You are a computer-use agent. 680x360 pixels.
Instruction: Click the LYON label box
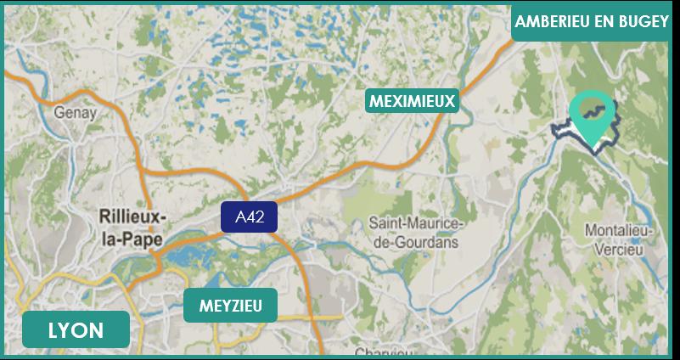(76, 330)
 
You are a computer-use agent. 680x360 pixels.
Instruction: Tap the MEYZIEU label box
(230, 305)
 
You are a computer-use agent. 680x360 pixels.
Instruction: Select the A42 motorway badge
(250, 217)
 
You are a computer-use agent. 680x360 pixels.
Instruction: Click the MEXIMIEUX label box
(413, 102)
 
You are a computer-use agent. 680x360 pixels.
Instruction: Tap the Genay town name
(76, 112)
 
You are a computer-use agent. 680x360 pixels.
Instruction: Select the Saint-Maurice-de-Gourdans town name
(415, 232)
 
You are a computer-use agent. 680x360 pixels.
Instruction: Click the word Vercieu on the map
(620, 246)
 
